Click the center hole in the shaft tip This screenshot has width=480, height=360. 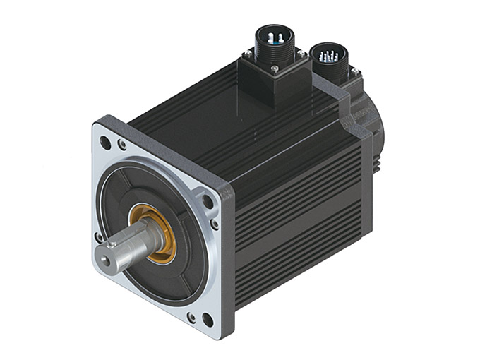tap(106, 260)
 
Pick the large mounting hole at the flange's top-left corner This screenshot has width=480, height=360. tap(105, 142)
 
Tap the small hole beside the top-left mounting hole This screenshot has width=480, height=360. tap(122, 146)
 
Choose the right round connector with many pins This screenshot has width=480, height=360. tap(325, 54)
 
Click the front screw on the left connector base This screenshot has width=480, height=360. tap(274, 68)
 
